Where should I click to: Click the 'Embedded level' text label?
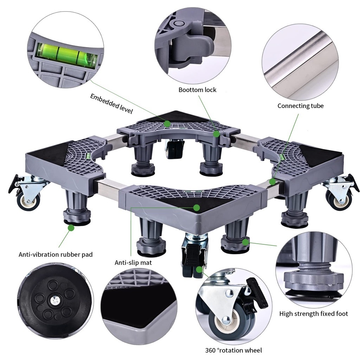(111, 103)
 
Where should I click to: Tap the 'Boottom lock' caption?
(197, 90)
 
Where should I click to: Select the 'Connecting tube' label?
(300, 105)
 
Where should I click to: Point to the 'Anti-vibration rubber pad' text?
(56, 254)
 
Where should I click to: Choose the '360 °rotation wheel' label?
(233, 350)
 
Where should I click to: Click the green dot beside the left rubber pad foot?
(71, 228)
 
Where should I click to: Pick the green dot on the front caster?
(200, 270)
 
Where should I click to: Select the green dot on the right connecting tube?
(272, 182)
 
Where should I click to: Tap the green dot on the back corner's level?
(167, 123)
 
